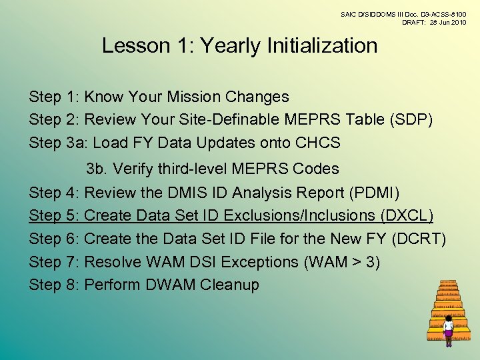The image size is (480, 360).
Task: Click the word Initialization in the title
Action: (x=322, y=46)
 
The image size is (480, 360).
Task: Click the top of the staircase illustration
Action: (x=449, y=283)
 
